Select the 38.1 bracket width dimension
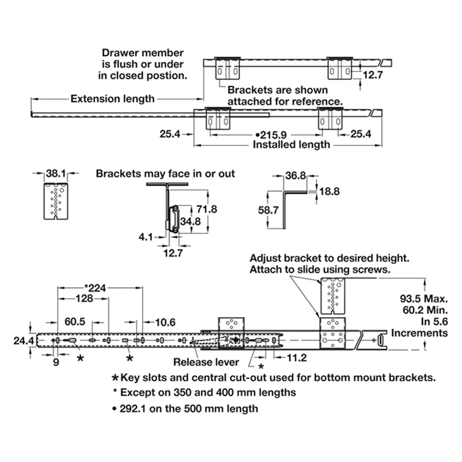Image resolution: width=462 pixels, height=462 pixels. coord(55,173)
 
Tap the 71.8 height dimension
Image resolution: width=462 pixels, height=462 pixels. coord(207,209)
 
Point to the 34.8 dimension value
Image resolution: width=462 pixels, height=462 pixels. coord(190,221)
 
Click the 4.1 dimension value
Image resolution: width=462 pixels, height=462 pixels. coord(146,237)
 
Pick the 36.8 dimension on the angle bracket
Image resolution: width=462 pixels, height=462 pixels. coord(295,176)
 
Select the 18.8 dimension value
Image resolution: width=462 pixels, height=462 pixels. coord(330,191)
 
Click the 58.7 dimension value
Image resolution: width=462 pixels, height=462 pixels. coord(268,210)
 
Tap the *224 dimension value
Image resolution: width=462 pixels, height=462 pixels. coord(95,288)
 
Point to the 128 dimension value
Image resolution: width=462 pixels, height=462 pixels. coord(84,298)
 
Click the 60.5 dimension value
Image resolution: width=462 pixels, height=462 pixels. coord(75,322)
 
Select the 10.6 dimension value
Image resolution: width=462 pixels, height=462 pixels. coord(165,322)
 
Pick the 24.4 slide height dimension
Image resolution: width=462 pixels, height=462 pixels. coord(24,341)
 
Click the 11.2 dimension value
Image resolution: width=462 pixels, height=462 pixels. coord(297,358)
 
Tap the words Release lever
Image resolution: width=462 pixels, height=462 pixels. coord(206,362)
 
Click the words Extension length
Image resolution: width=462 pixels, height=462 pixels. coord(112,99)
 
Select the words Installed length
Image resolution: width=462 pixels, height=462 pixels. coord(291,145)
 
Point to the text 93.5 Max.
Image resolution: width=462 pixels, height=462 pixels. coord(424,299)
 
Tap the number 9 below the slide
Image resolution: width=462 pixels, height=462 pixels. coord(56,362)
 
